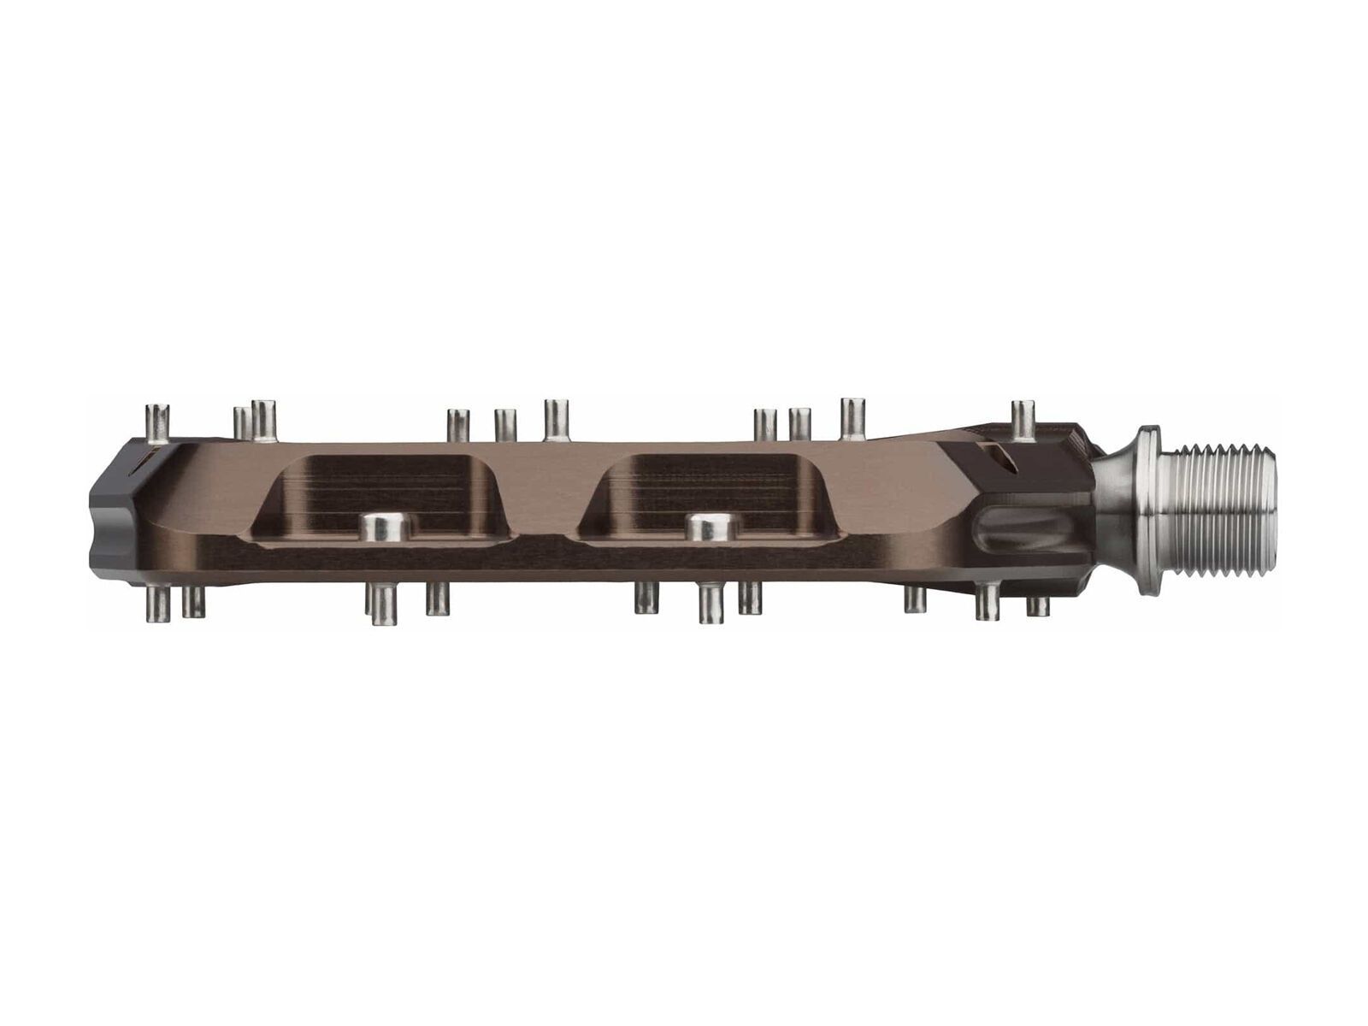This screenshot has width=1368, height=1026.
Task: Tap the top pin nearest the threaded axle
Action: pyautogui.click(x=1023, y=419)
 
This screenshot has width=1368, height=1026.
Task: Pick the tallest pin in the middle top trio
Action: pyautogui.click(x=557, y=420)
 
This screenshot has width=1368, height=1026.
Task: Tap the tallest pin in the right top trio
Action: pyautogui.click(x=852, y=419)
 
